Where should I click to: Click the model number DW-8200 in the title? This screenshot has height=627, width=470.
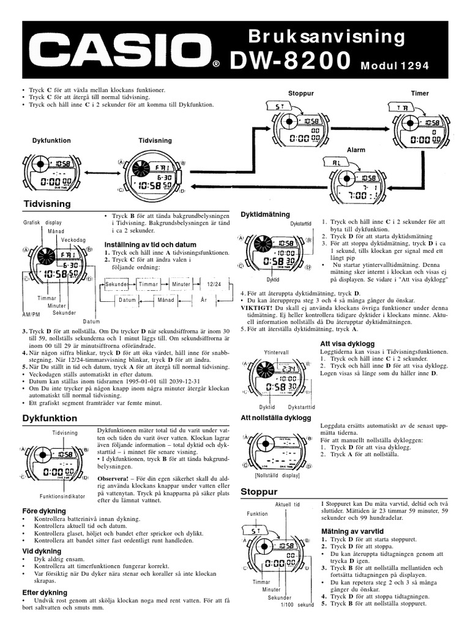[290, 61]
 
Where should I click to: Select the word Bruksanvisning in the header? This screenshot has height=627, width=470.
[327, 37]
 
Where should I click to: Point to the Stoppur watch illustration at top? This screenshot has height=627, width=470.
[297, 128]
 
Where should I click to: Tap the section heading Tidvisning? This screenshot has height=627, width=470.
[47, 203]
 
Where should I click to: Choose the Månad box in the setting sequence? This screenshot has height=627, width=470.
[166, 300]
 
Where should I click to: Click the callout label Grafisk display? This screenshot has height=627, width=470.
[42, 222]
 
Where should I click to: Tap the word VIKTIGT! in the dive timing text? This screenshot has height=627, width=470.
[258, 307]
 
